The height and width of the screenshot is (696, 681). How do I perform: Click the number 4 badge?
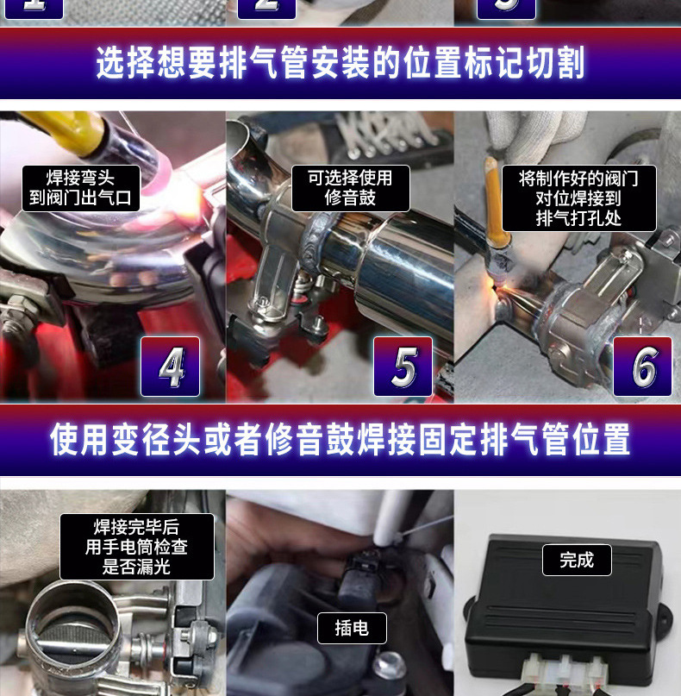point(171,367)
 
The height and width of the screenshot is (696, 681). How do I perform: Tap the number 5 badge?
point(403,367)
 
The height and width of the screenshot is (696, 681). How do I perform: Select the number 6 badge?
point(642,367)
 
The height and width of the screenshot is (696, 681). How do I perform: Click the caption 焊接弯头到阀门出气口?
point(81,188)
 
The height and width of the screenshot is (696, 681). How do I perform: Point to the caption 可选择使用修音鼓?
point(351,188)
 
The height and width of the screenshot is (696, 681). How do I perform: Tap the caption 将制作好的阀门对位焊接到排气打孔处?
point(579,198)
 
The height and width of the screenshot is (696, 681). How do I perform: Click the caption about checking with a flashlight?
point(137,547)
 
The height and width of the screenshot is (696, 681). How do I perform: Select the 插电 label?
point(352,628)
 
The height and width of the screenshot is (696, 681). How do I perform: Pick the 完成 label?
point(577,561)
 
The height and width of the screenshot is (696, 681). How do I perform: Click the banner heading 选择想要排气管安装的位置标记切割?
point(340,63)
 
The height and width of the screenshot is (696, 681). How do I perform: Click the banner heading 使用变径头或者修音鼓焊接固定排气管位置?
point(340,440)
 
